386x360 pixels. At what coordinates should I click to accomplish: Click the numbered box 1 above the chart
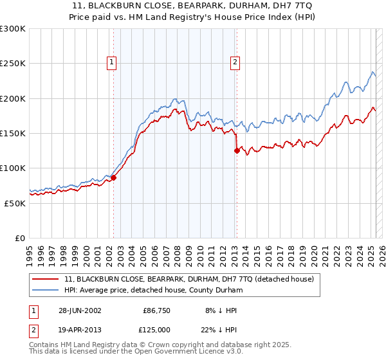[x=112, y=62]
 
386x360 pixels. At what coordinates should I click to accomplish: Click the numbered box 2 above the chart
[x=235, y=62]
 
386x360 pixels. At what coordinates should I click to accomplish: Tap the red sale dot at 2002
[x=114, y=177]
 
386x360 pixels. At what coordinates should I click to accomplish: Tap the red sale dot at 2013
[x=237, y=151]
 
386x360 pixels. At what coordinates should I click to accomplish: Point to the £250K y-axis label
[x=12, y=64]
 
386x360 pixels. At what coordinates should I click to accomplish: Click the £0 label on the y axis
[x=19, y=238]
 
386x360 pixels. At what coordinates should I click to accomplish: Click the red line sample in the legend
[x=46, y=279]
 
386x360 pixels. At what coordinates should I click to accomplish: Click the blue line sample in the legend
[x=46, y=290]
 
